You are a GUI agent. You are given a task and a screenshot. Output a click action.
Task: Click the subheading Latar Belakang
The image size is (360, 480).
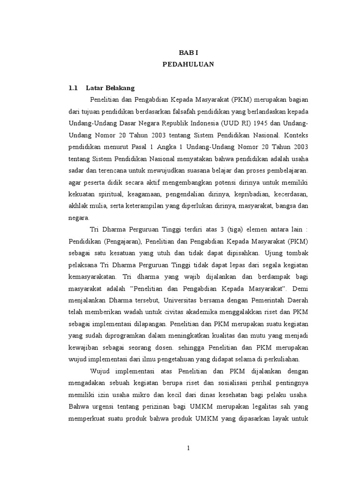[x=110, y=88]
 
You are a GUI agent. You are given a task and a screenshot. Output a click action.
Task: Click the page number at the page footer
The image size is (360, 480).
[x=187, y=448]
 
